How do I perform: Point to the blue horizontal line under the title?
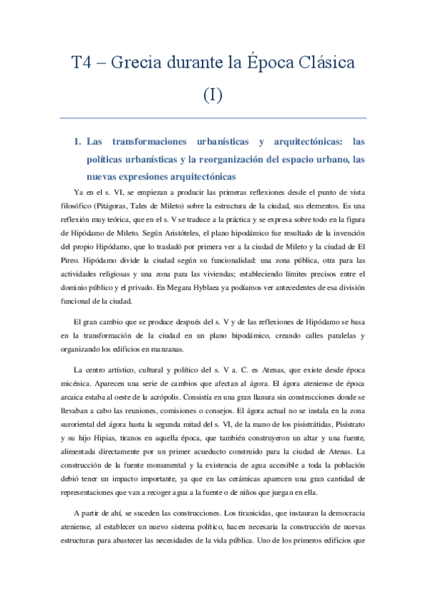(213, 117)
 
